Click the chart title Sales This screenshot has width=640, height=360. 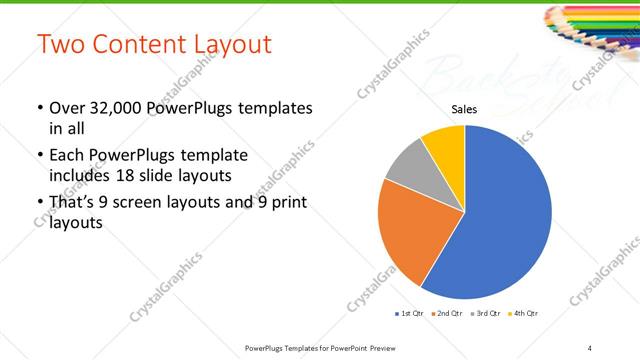[465, 109]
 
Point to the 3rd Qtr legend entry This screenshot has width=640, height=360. [484, 314]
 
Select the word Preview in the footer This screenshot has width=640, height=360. [380, 347]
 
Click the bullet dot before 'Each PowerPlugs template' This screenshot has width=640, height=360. [40, 156]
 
